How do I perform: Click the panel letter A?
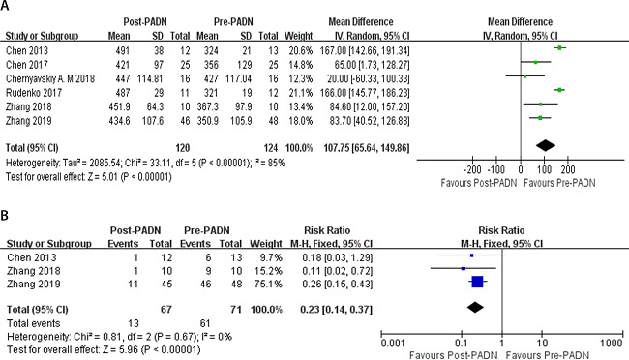coord(7,7)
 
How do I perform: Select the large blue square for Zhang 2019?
coord(477,282)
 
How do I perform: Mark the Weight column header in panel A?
coord(298,34)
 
